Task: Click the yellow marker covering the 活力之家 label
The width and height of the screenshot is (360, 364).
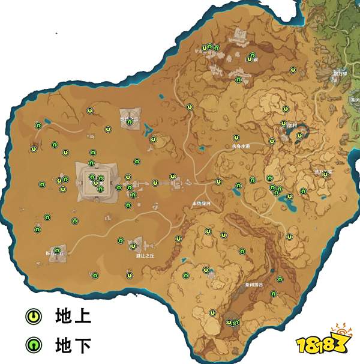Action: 326,174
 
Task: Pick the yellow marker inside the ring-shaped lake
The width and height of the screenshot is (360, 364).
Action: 299,136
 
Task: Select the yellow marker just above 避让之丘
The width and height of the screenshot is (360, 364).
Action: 133,246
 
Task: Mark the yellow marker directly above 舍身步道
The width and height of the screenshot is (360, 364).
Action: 236,137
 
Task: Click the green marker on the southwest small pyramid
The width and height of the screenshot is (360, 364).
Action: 57,250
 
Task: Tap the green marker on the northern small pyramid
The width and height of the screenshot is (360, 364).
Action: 129,122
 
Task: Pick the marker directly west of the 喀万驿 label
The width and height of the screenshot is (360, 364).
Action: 293,70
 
